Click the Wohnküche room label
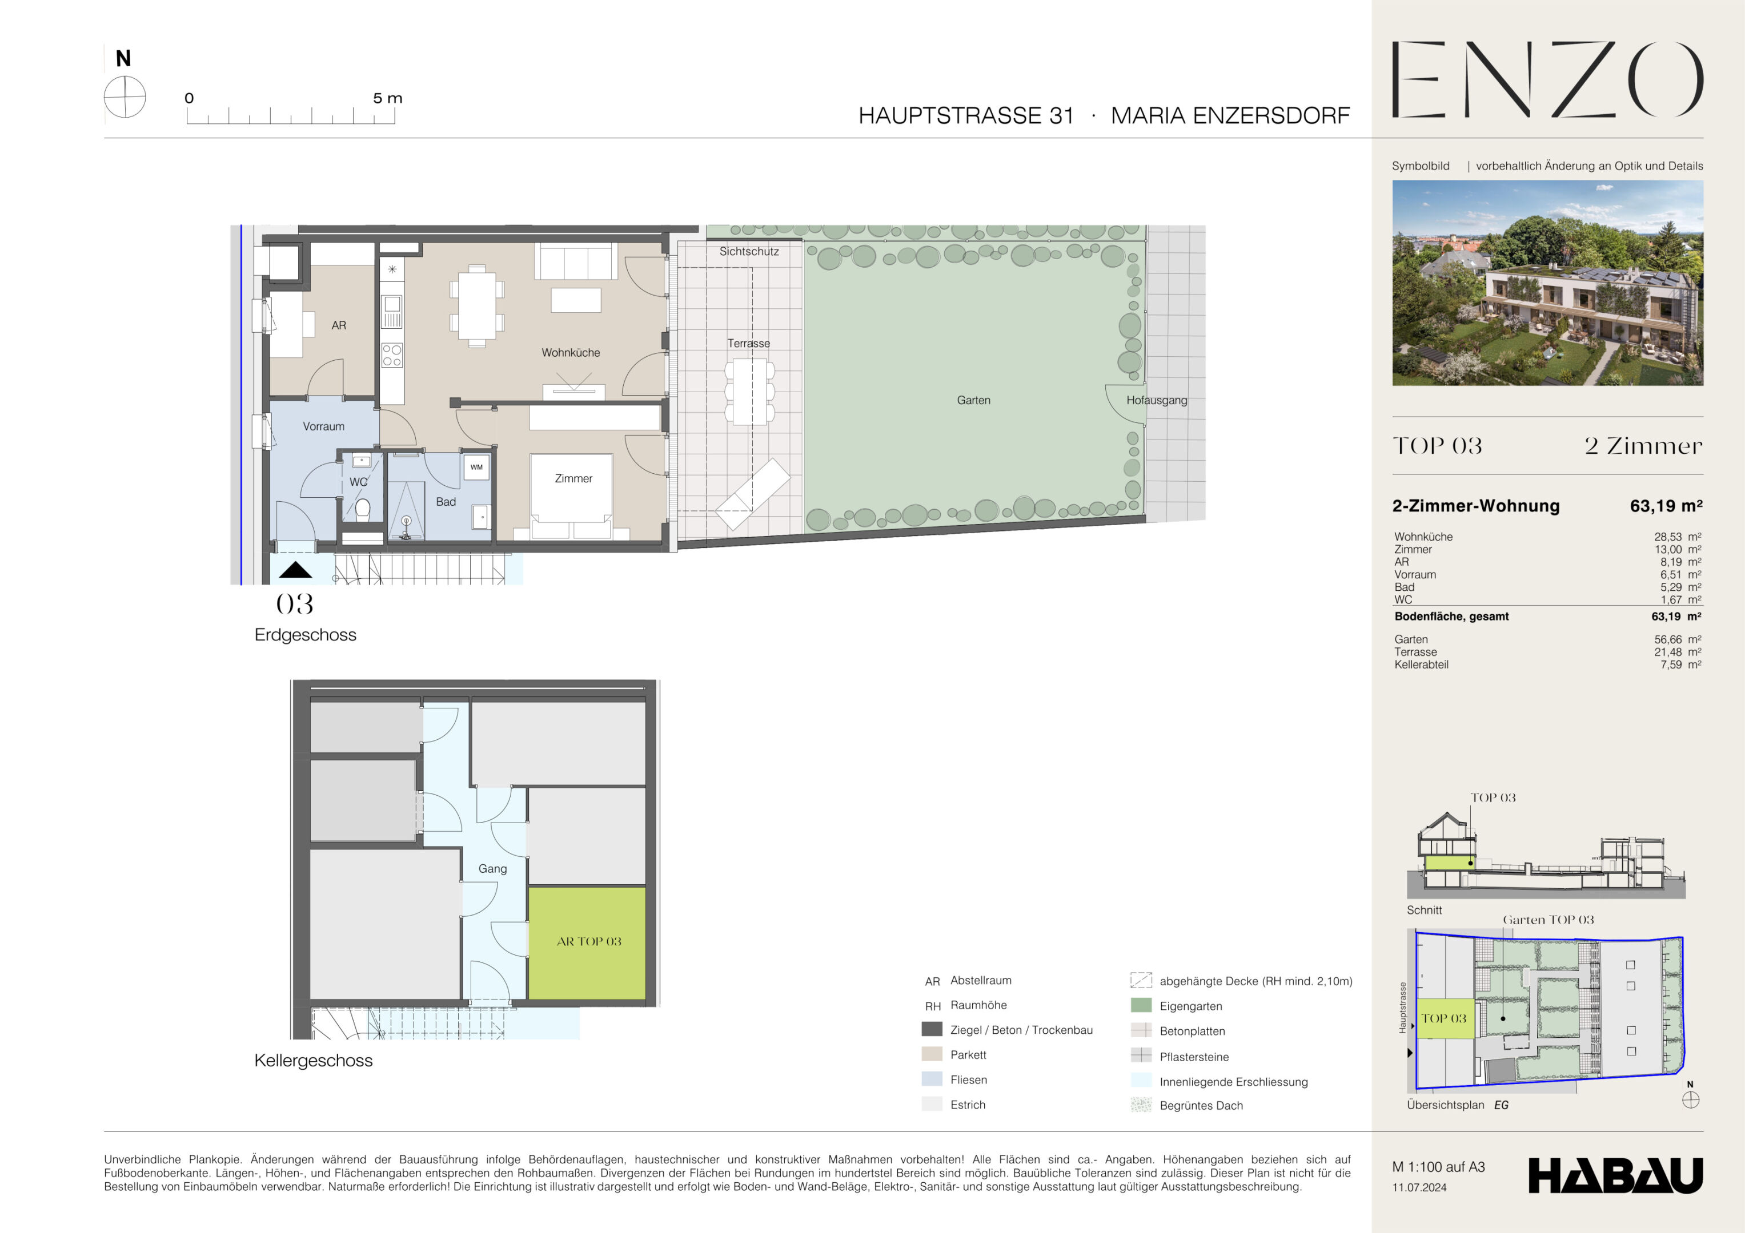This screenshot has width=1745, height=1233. pyautogui.click(x=571, y=353)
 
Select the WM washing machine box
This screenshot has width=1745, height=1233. pyautogui.click(x=476, y=467)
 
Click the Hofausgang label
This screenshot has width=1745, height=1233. pyautogui.click(x=1157, y=400)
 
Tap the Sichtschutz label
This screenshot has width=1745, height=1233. pyautogui.click(x=749, y=252)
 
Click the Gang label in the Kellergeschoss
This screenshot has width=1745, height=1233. pyautogui.click(x=492, y=868)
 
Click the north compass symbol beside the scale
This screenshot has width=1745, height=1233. pyautogui.click(x=125, y=97)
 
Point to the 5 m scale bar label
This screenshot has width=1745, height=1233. pyautogui.click(x=388, y=98)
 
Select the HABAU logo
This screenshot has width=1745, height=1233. pyautogui.click(x=1616, y=1175)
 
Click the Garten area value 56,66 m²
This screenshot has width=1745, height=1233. pyautogui.click(x=1678, y=640)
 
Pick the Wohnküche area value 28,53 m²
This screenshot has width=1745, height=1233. pyautogui.click(x=1678, y=537)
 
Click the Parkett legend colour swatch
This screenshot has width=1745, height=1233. pyautogui.click(x=932, y=1054)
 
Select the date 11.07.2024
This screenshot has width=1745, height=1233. pyautogui.click(x=1419, y=1187)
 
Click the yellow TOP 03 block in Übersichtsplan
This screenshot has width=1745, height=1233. pyautogui.click(x=1445, y=1019)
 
